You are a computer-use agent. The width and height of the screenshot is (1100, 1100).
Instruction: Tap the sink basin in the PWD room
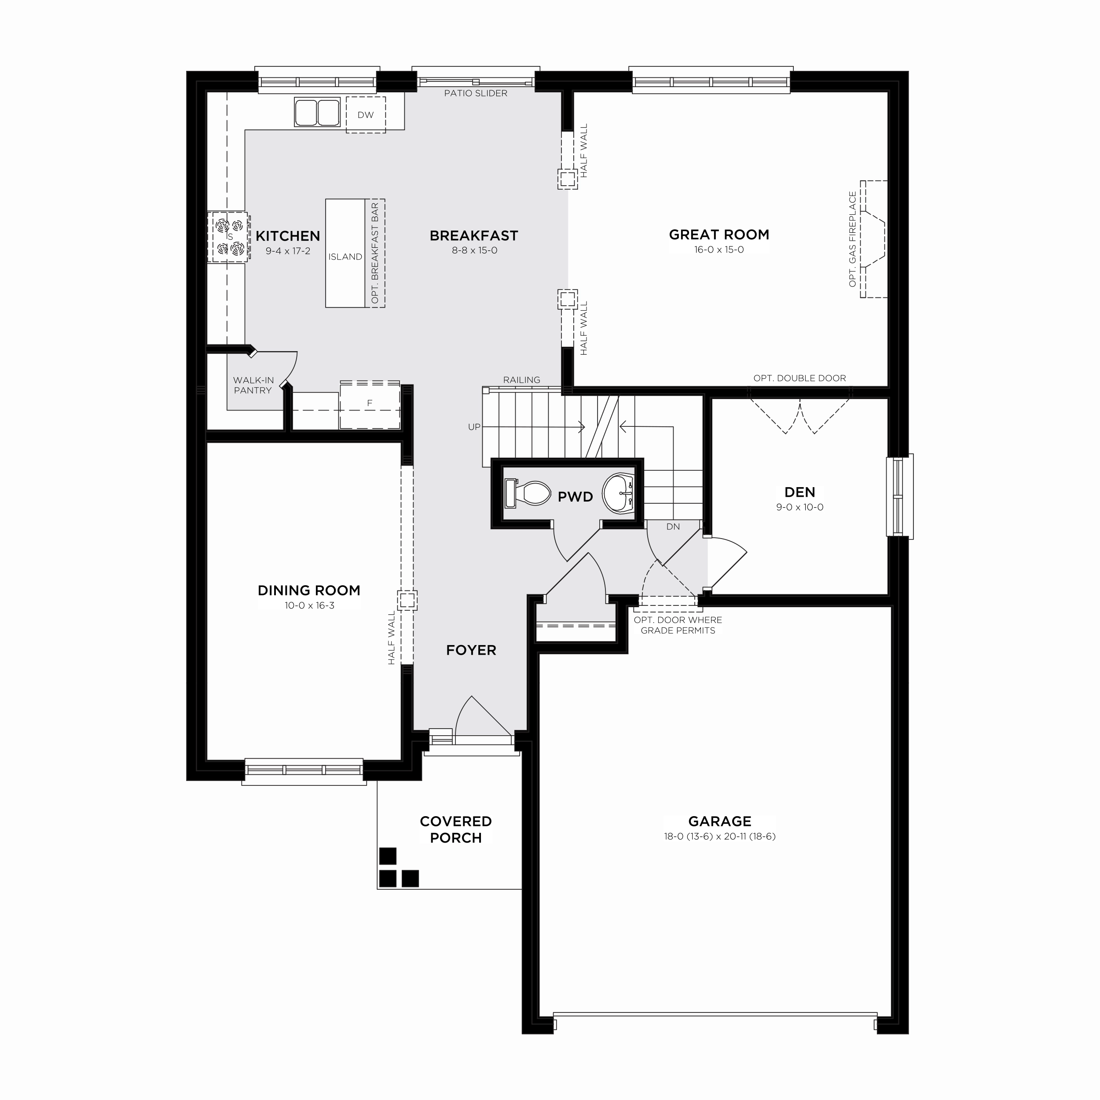(618, 492)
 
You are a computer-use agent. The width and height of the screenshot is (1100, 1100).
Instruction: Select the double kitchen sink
(317, 112)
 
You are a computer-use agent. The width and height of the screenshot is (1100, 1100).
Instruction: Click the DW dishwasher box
(366, 114)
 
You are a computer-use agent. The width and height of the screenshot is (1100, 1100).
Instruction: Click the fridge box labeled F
(370, 404)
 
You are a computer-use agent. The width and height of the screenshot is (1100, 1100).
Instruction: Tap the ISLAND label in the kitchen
(345, 257)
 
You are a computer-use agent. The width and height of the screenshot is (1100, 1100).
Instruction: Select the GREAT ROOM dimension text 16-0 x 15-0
(719, 249)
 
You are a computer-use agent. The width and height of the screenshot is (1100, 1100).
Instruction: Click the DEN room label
(799, 492)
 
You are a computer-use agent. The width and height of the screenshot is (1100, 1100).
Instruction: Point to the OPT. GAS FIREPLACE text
(852, 239)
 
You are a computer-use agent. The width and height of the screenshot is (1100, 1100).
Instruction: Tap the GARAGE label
(720, 821)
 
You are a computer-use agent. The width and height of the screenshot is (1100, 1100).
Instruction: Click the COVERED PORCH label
(455, 829)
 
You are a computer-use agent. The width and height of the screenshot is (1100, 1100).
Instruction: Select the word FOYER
(471, 650)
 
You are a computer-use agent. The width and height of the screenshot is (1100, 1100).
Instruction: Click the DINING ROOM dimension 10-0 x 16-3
(309, 605)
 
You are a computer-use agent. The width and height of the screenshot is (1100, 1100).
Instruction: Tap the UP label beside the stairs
(474, 427)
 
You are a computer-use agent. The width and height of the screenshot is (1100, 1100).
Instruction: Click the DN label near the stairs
(673, 527)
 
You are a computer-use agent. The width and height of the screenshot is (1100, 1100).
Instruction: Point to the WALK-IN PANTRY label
(253, 385)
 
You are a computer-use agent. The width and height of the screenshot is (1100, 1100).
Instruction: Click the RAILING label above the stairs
(521, 380)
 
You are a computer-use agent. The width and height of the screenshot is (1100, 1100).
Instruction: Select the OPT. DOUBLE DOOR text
(799, 378)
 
